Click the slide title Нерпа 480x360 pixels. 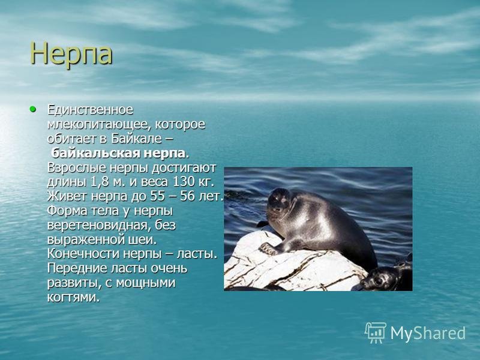click(x=71, y=54)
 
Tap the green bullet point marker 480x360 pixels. click(x=33, y=109)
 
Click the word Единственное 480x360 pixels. click(x=91, y=110)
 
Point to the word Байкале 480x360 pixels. click(x=136, y=139)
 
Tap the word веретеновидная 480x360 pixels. click(x=98, y=226)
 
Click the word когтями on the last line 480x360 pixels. click(x=73, y=298)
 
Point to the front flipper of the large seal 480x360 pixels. click(x=269, y=248)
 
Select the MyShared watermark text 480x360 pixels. click(x=428, y=333)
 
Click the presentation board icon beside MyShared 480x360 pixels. click(x=376, y=332)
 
